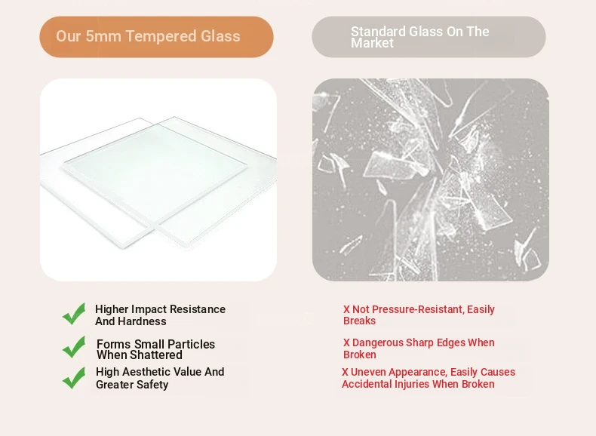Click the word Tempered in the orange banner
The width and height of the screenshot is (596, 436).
tap(161, 36)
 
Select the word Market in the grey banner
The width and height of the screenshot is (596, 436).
tap(372, 43)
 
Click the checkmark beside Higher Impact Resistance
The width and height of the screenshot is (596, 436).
tap(74, 314)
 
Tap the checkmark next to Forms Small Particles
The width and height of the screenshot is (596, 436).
tap(74, 347)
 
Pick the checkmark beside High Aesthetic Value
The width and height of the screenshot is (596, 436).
tap(74, 378)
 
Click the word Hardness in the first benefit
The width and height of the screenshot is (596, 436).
tap(146, 321)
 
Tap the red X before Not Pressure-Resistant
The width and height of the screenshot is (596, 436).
tap(346, 309)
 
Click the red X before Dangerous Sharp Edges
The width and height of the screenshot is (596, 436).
tap(346, 342)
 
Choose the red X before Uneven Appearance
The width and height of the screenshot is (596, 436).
tap(345, 372)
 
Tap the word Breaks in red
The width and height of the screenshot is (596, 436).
tap(359, 321)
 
